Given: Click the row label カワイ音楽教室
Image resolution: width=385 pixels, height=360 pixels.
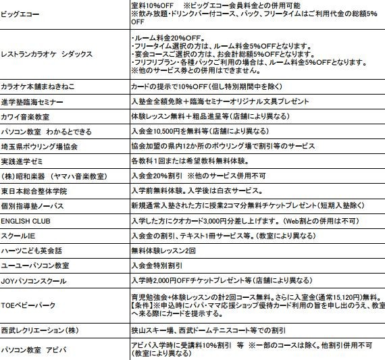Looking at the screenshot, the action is (x=28, y=116).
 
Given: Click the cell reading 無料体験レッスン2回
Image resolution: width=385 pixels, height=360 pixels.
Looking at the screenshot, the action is (x=164, y=251).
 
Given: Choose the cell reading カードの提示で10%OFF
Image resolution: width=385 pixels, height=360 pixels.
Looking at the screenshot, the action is (x=214, y=86).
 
